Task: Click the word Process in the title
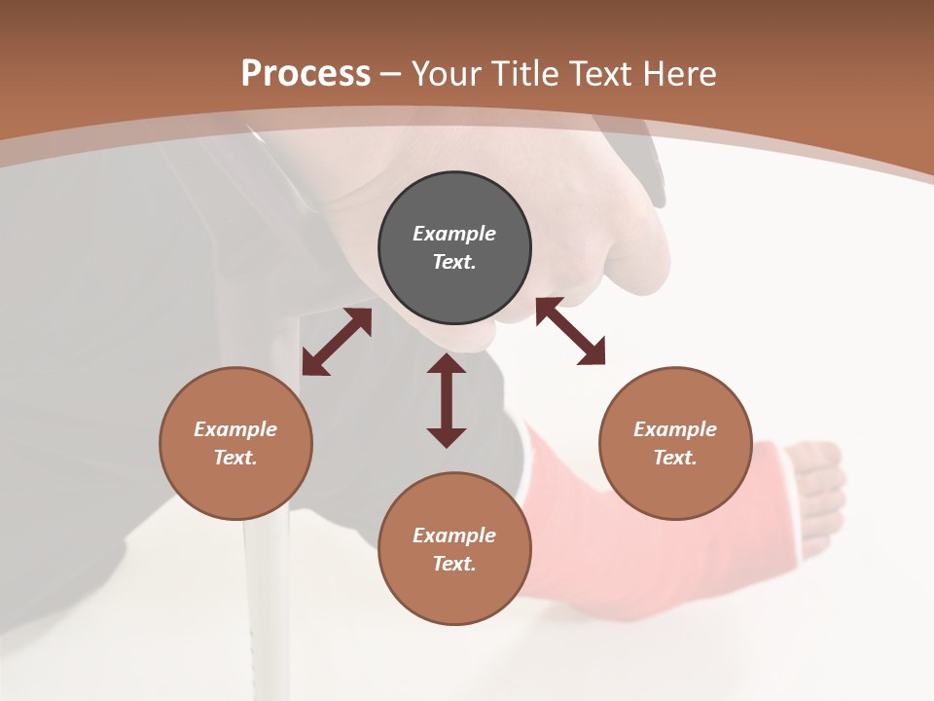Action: (x=305, y=74)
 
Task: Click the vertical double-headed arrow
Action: (x=447, y=400)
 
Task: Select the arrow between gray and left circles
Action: (x=337, y=342)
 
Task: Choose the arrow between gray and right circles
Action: (x=570, y=331)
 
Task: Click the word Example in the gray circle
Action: (x=454, y=234)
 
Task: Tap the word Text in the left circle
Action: (x=235, y=458)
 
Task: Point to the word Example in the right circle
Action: (x=675, y=429)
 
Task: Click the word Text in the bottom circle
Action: (x=454, y=564)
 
